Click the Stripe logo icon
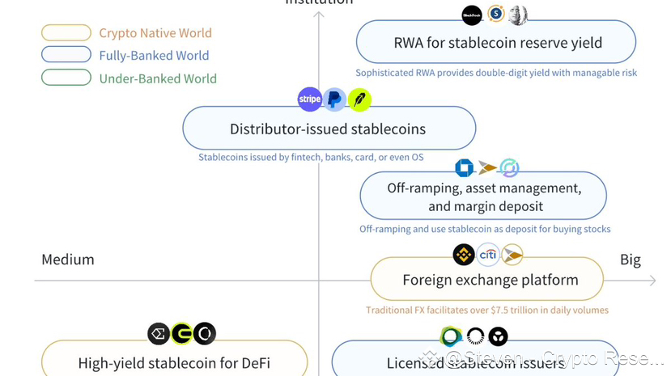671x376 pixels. coord(310,99)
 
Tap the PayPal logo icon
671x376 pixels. coord(334,99)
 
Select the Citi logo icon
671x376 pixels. coord(488,255)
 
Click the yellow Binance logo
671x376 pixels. coord(464,255)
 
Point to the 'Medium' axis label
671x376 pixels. coord(68,260)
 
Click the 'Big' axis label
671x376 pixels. coord(631,260)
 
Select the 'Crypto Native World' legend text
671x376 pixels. coord(155,33)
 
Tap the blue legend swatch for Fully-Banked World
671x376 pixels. coord(66,55)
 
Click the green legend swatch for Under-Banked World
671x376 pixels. coord(66,78)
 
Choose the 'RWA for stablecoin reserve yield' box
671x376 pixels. coord(496,43)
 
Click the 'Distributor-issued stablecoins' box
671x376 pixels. coord(329,129)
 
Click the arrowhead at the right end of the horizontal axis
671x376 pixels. coord(652,281)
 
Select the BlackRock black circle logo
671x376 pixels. coord(471,15)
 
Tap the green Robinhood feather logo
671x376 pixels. coord(359,99)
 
